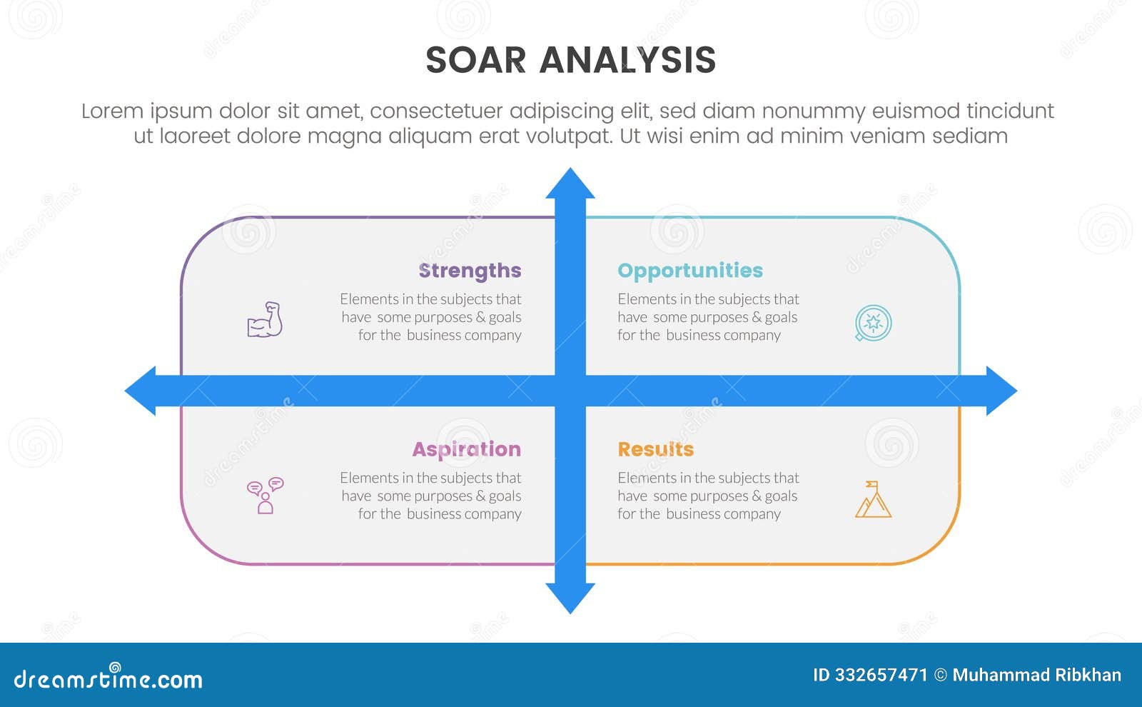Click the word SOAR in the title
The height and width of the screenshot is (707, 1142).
(x=475, y=60)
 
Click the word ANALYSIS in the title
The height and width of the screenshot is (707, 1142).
(x=627, y=60)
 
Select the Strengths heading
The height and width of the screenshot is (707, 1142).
(x=470, y=271)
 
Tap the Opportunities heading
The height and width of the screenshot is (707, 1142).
(x=689, y=271)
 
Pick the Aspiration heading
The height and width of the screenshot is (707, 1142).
(x=466, y=449)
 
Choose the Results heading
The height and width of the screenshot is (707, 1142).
(x=655, y=449)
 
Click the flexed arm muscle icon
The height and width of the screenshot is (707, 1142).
(x=265, y=320)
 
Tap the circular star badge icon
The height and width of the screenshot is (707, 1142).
(x=873, y=323)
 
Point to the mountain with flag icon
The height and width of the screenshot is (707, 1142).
(x=873, y=499)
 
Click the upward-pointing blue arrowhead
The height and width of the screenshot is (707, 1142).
(x=570, y=184)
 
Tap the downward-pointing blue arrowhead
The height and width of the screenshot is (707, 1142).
(x=570, y=598)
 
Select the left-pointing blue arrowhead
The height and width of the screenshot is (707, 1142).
(x=141, y=391)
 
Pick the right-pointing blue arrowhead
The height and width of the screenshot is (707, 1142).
(x=1001, y=391)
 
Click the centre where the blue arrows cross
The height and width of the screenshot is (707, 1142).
(x=570, y=391)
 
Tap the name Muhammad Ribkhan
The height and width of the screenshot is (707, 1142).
(x=1036, y=675)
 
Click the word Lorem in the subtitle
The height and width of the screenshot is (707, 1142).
(x=112, y=111)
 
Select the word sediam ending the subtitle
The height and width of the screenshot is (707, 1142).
(x=972, y=136)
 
